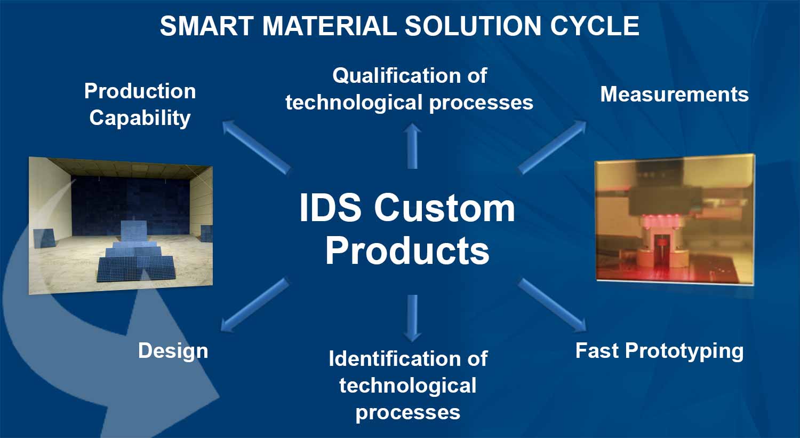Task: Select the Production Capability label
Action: (140, 105)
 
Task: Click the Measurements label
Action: (674, 95)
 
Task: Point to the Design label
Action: (173, 351)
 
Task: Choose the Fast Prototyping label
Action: (659, 351)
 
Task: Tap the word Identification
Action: (391, 358)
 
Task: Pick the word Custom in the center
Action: (444, 208)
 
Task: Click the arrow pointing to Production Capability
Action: (255, 147)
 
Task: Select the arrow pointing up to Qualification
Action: (412, 145)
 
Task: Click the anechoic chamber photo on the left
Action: (121, 224)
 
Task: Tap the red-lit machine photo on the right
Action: (675, 219)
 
